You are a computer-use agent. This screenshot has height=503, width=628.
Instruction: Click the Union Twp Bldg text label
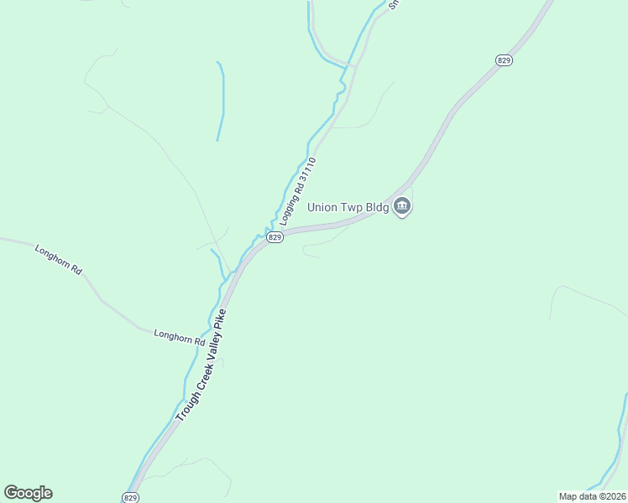click(348, 207)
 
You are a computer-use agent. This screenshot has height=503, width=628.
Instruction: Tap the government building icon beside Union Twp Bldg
click(402, 206)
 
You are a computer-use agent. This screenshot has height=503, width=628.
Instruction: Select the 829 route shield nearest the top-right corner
click(504, 60)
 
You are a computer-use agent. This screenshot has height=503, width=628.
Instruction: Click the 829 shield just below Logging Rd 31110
click(275, 238)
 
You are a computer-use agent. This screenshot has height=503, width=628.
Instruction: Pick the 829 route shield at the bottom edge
click(130, 497)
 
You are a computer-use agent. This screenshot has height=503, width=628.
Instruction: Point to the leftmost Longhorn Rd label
click(58, 260)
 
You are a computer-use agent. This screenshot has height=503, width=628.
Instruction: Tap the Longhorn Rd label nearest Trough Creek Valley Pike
click(180, 338)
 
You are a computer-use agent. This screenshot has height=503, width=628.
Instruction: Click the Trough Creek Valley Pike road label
click(201, 366)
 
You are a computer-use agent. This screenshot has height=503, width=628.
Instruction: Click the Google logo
click(28, 493)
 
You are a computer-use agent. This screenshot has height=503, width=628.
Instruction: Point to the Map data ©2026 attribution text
click(593, 495)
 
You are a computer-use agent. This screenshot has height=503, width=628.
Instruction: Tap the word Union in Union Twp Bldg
click(322, 207)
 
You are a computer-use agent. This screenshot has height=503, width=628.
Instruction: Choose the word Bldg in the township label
click(376, 207)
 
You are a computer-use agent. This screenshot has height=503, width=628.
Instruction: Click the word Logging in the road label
click(288, 211)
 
